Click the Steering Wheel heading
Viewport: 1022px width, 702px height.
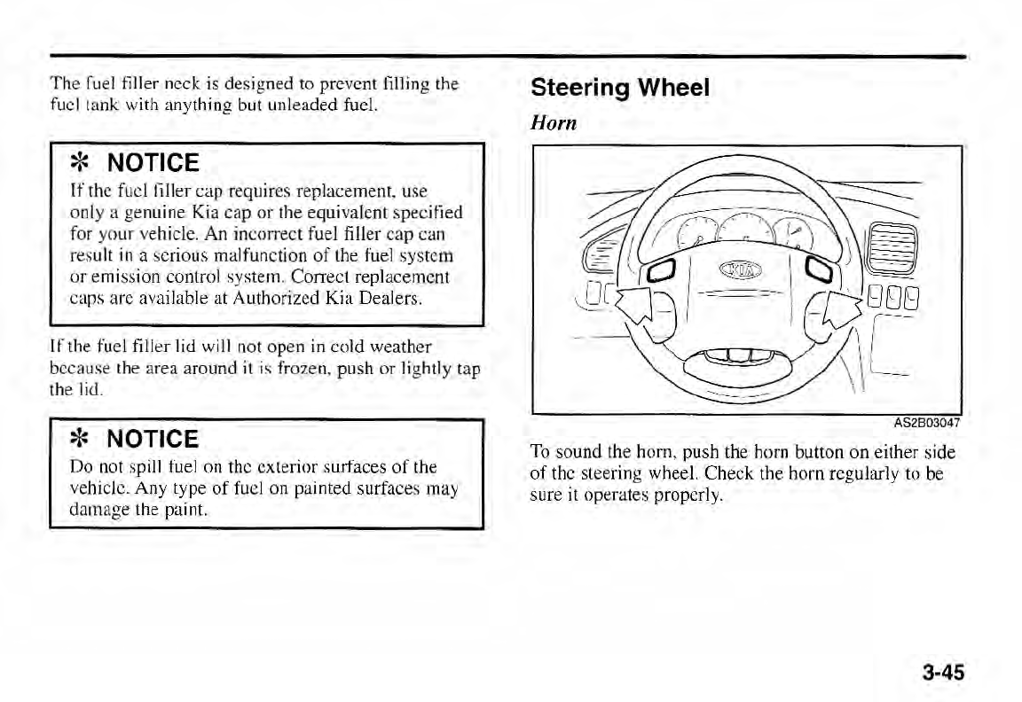coord(620,88)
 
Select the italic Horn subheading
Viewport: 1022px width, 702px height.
coord(554,122)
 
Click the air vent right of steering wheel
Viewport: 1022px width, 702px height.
coord(891,249)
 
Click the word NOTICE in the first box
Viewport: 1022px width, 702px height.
coord(153,163)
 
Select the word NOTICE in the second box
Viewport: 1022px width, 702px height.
coord(153,439)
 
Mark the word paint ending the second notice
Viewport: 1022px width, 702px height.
coord(186,511)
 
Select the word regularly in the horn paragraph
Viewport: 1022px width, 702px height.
coord(833,475)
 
